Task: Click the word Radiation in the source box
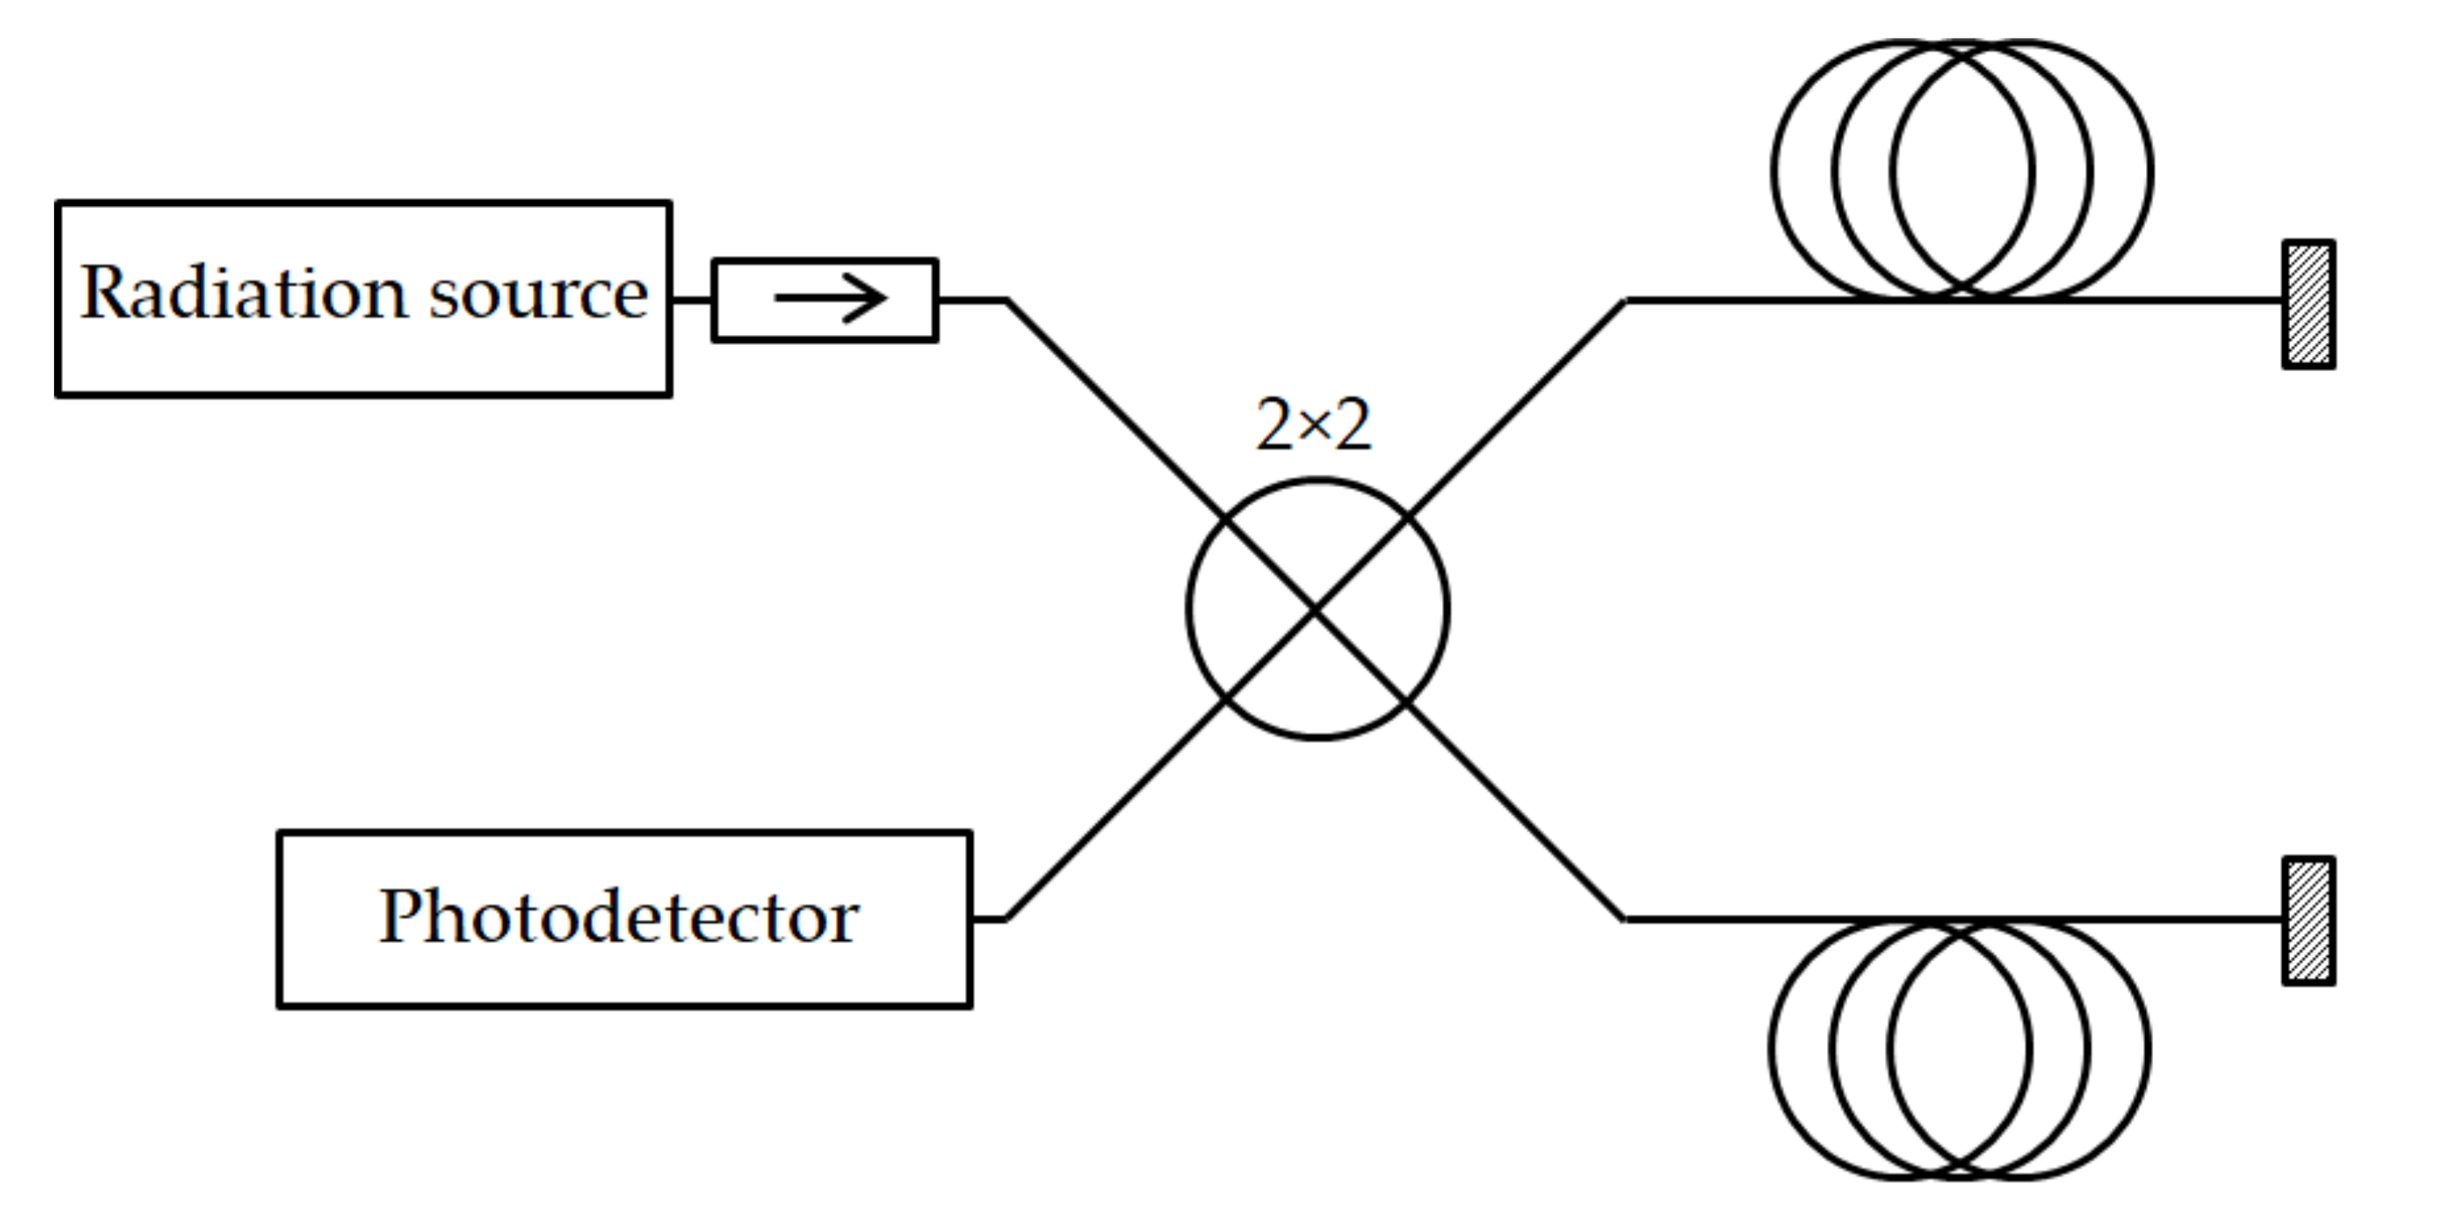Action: (245, 292)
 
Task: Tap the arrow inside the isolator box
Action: (831, 299)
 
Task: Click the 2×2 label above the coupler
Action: (1313, 424)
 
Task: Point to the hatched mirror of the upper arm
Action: (2308, 304)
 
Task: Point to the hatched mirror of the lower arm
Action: (2308, 921)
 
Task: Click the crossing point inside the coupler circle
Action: (1317, 608)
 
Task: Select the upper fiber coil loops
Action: (1962, 170)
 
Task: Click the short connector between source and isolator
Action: (691, 299)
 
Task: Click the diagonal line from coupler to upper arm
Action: (1517, 409)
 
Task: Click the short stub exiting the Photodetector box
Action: (988, 919)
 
